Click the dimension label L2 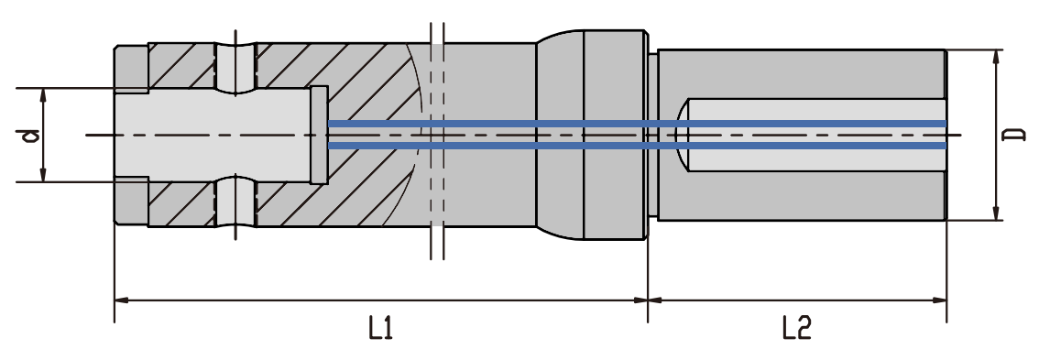click(x=796, y=328)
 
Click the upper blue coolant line click(x=637, y=124)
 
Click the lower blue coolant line click(x=637, y=146)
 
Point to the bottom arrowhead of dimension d click(x=44, y=174)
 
